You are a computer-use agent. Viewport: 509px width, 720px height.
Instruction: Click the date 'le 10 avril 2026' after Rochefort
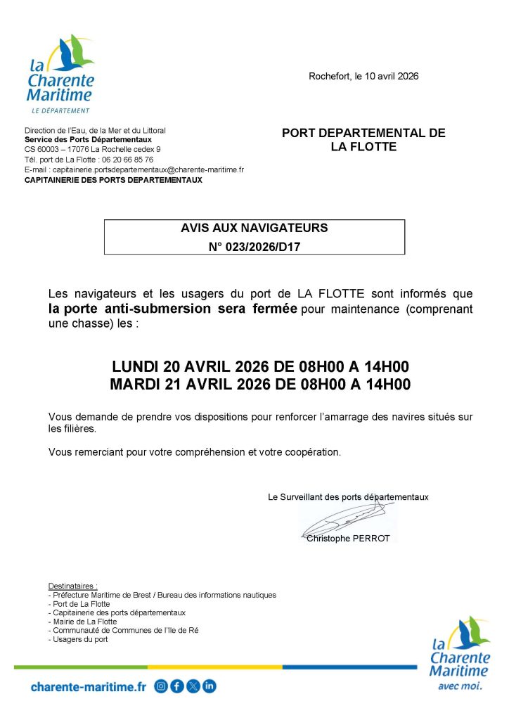389,76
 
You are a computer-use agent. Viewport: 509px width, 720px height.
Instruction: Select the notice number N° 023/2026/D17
254,247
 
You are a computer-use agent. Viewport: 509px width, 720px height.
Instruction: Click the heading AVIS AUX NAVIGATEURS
254,228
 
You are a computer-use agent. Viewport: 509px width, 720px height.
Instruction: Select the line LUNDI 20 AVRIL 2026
260,366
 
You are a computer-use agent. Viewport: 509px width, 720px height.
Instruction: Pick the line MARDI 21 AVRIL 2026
260,385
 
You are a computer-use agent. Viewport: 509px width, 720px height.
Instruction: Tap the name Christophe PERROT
348,538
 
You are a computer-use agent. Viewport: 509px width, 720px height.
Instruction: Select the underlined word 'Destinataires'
72,586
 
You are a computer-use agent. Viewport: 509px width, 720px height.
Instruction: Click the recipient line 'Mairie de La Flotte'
83,622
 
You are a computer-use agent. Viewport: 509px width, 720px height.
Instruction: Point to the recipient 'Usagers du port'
78,640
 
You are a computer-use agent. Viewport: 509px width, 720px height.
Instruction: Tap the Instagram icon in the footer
160,686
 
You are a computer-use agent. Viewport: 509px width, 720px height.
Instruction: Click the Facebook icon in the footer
176,686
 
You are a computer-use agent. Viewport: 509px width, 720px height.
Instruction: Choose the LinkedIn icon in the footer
209,686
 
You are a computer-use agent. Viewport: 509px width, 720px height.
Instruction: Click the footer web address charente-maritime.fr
89,687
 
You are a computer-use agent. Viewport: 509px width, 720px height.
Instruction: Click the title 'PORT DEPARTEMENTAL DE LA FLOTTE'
363,140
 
